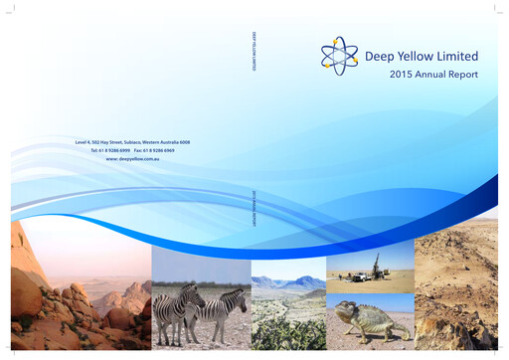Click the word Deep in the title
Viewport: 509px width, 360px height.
click(382, 56)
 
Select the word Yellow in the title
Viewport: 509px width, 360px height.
click(417, 56)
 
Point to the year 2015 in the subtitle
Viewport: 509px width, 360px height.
click(403, 75)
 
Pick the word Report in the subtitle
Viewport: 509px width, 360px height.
click(464, 75)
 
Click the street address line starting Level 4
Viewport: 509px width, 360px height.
click(132, 142)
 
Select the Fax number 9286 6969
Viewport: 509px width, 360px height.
click(165, 150)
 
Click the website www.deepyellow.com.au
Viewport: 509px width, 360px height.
click(132, 158)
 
